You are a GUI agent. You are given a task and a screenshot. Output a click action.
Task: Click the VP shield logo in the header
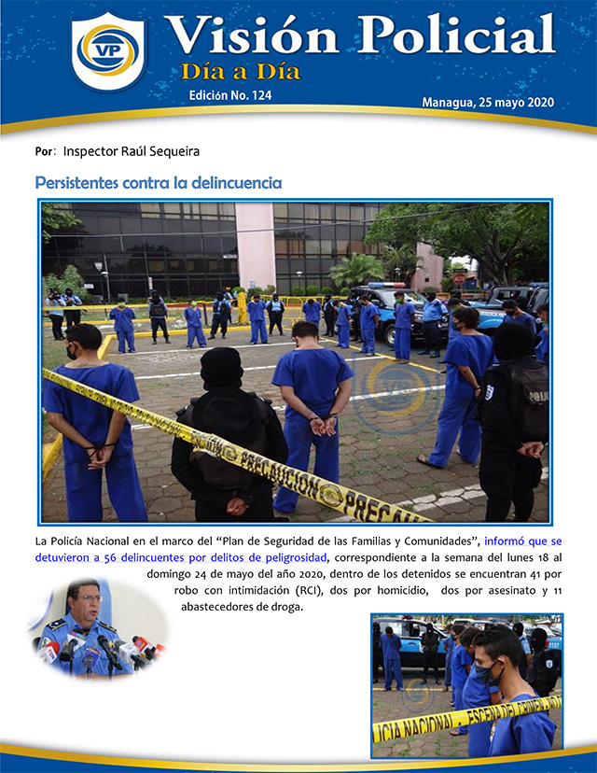[108, 52]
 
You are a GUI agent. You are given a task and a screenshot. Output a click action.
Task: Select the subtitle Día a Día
[241, 71]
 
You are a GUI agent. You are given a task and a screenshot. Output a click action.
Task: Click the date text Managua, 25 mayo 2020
[488, 102]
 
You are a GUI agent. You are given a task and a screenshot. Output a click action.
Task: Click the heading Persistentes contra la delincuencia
[158, 183]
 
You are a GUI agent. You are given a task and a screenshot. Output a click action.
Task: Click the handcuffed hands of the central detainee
[323, 426]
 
